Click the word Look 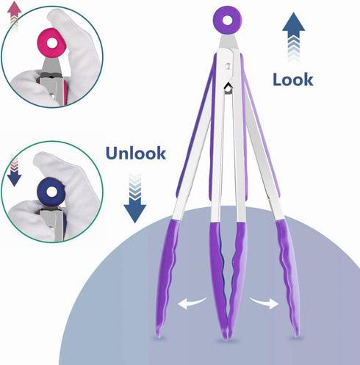coord(293,79)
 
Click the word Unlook coord(136,153)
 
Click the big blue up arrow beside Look coord(293,37)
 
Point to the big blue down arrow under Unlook coord(135,198)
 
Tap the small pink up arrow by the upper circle coord(15,15)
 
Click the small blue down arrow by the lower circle coord(15,171)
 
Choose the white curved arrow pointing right coord(264,303)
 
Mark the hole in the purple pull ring coord(228,21)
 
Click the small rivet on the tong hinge coord(228,66)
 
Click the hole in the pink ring coord(51,43)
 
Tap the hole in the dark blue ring coord(51,192)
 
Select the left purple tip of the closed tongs coord(219,279)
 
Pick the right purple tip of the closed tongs coord(237,279)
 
